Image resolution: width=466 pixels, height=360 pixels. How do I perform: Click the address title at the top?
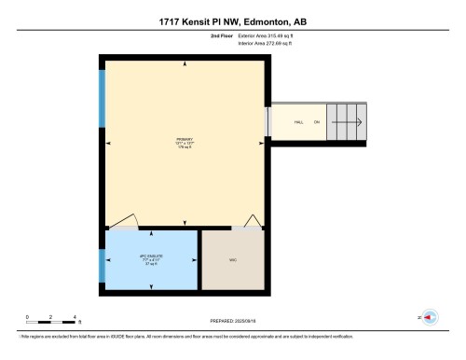point(233,20)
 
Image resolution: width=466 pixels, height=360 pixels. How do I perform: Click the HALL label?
point(299,122)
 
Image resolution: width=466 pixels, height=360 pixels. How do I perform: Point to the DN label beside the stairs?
point(317,122)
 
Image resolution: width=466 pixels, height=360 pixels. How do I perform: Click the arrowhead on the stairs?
point(359,122)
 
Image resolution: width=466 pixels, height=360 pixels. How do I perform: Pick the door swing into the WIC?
point(251,221)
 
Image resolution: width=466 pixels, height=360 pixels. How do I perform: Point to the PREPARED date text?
point(233,321)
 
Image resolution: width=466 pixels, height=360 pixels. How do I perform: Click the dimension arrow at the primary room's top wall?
point(186,65)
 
